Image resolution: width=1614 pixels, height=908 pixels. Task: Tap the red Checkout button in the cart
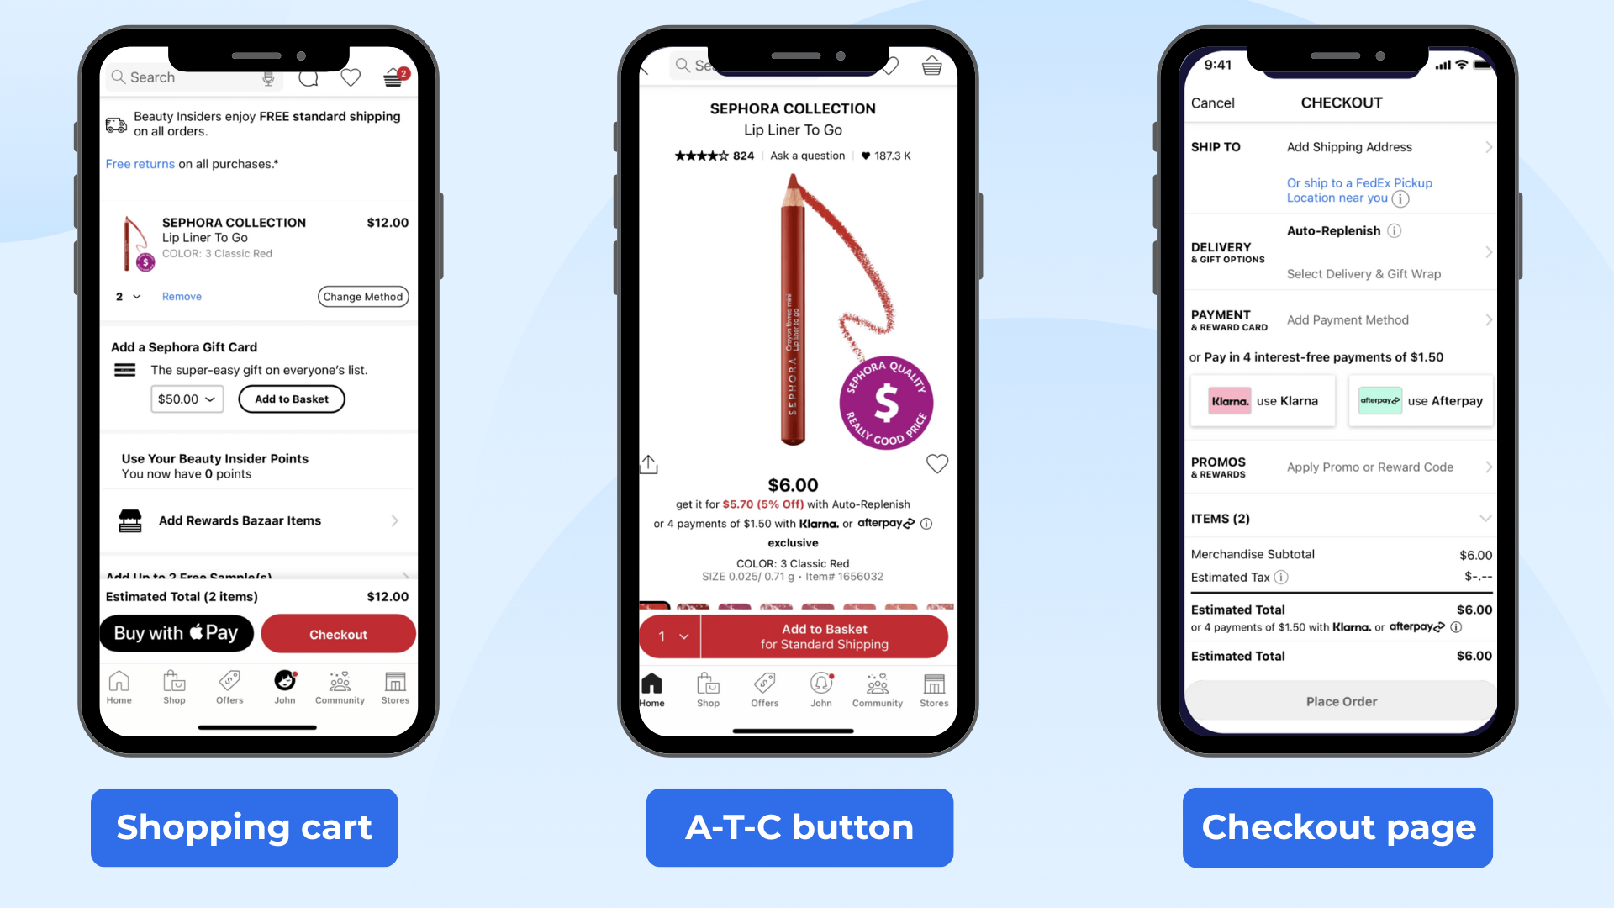pos(338,634)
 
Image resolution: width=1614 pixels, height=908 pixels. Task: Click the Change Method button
pos(363,297)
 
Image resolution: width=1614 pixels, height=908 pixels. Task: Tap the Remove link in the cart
pos(182,297)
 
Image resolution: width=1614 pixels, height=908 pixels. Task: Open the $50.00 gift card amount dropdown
pos(187,399)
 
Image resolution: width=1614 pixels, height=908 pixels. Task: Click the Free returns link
pos(140,164)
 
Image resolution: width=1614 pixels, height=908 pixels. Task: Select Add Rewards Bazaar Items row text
pos(240,521)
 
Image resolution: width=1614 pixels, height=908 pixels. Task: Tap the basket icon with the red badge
pos(393,77)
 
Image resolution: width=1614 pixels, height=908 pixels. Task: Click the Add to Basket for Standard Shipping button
pos(824,636)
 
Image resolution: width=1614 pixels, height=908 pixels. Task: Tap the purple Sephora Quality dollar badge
pos(886,403)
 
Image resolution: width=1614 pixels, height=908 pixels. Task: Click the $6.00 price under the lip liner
pos(793,485)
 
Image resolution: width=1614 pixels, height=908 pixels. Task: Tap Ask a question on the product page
pos(807,156)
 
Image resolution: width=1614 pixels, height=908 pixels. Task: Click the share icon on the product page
pos(649,464)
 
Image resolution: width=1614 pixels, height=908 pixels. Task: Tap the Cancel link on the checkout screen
pos(1212,103)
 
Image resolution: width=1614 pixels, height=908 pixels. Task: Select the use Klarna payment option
pos(1263,401)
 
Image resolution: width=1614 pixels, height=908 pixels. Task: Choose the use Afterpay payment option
pos(1421,401)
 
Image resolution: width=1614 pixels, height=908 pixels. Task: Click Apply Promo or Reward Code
pos(1369,467)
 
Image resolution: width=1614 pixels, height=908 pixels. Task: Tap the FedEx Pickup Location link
pos(1358,190)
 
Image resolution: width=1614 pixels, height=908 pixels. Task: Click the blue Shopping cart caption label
pos(244,827)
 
